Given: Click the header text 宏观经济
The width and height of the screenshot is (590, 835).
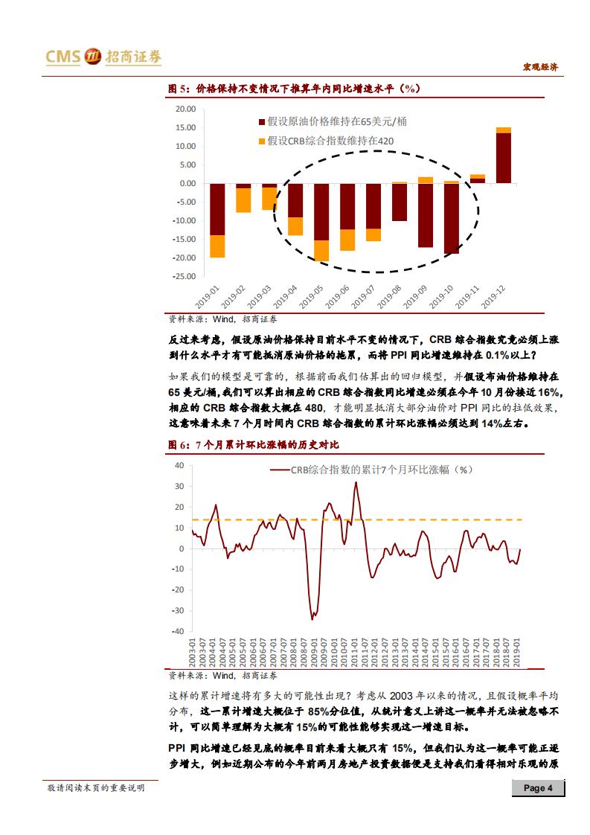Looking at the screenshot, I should click(x=539, y=67).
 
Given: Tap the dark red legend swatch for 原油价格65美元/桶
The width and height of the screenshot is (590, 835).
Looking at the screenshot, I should click(x=261, y=121).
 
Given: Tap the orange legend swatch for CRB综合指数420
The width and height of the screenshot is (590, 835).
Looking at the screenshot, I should click(x=261, y=141).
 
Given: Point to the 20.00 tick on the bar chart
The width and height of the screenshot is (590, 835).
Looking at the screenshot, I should click(x=183, y=109).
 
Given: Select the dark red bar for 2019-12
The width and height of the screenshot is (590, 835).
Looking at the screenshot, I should click(x=503, y=157).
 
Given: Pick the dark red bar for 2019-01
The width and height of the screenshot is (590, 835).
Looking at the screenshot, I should click(x=217, y=209).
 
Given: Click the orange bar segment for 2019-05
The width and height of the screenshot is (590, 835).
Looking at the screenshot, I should click(x=321, y=251).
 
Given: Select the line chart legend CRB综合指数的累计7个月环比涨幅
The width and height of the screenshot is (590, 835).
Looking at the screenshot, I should click(x=372, y=470).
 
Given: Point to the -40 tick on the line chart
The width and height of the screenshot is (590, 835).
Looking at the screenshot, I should click(x=179, y=631).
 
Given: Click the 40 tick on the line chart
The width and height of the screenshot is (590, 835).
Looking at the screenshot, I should click(x=179, y=465).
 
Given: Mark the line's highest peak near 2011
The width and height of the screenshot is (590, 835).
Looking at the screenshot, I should click(x=356, y=482).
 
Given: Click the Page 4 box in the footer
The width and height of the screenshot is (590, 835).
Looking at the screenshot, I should click(x=538, y=789).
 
